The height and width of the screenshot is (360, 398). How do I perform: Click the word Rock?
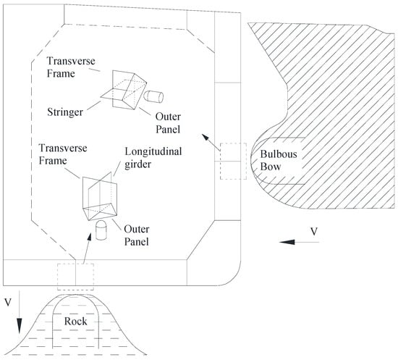click(75, 322)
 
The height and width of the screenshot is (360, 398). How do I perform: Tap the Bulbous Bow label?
click(279, 161)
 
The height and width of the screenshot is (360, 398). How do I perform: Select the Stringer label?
click(65, 112)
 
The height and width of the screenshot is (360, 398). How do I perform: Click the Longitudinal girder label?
click(153, 158)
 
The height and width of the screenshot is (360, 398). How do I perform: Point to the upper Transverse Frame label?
click(71, 67)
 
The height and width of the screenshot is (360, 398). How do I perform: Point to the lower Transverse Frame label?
click(63, 154)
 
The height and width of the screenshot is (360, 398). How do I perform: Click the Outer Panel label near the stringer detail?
click(168, 123)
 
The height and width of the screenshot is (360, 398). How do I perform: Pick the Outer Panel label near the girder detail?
click(137, 235)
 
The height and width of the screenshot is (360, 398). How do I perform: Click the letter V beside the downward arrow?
click(8, 302)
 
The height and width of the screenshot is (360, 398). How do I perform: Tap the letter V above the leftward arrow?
click(314, 232)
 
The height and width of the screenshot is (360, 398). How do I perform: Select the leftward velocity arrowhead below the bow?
click(287, 242)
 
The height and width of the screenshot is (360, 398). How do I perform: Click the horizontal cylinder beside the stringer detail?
click(153, 97)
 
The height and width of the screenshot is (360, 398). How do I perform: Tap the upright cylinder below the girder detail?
click(101, 230)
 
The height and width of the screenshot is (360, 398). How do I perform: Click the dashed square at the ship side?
click(233, 162)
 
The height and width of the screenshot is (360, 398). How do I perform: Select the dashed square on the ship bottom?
click(76, 277)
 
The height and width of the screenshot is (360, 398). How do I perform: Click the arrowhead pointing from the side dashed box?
click(205, 137)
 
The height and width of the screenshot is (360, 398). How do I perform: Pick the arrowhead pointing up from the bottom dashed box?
click(89, 237)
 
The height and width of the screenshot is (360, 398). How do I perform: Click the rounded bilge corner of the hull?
click(234, 278)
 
